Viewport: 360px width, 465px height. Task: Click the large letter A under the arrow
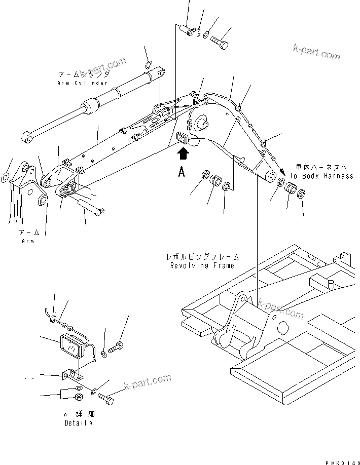[x=182, y=173]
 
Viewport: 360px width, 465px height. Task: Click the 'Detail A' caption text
[x=79, y=422]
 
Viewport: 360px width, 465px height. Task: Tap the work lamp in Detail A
[x=74, y=348]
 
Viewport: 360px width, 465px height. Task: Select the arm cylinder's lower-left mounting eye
[x=27, y=137]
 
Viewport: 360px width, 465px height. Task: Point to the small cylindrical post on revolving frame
[x=331, y=284]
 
